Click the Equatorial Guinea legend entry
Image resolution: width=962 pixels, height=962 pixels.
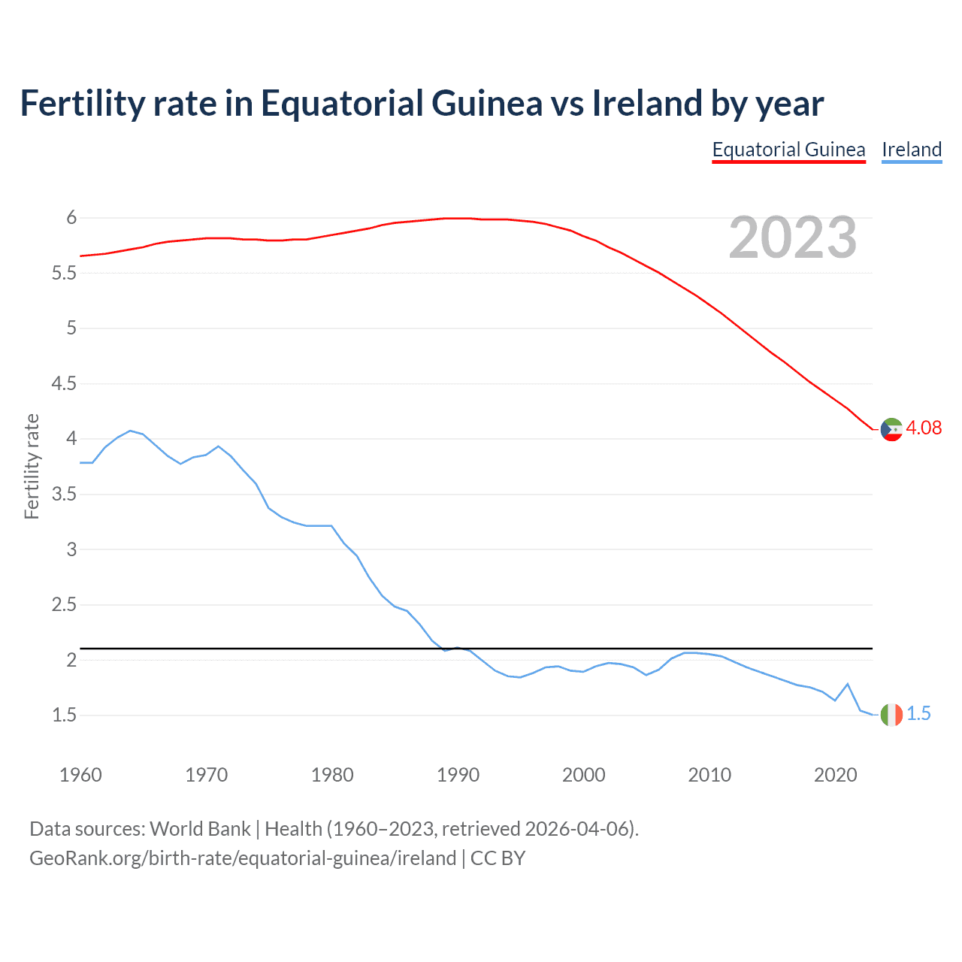tap(788, 150)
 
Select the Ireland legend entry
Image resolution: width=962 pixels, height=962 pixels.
tap(912, 150)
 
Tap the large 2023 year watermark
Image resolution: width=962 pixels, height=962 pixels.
tap(793, 237)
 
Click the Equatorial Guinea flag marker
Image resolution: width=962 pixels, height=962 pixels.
tap(891, 429)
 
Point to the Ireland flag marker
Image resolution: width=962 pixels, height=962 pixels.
tap(891, 715)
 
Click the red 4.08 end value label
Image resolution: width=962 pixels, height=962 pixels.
tap(924, 428)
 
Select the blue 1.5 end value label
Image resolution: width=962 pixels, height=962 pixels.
tap(918, 713)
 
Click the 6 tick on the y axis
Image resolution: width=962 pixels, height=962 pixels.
tap(72, 218)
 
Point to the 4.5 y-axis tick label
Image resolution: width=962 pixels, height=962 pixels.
tap(64, 384)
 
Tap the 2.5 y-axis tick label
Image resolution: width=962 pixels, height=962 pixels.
tap(64, 605)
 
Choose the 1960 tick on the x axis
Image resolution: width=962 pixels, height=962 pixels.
tap(80, 775)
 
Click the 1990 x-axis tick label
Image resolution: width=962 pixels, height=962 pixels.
tap(458, 775)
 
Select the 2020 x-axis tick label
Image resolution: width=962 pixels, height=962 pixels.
tap(835, 775)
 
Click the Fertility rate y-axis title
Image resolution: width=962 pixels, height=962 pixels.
tap(32, 466)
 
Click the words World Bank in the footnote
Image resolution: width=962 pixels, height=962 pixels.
tap(200, 828)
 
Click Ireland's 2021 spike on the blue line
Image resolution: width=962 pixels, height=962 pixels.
tap(848, 684)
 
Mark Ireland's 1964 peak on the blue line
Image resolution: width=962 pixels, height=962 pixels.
tap(130, 431)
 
